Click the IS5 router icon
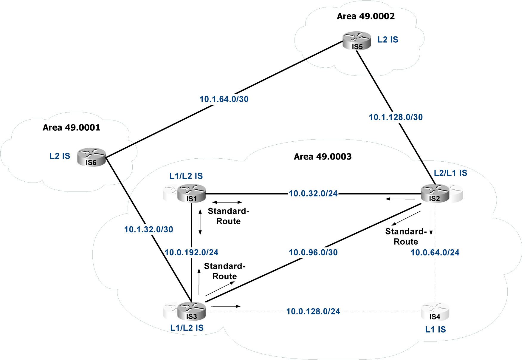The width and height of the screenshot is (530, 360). pos(357,41)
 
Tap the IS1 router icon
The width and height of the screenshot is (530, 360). pos(191,193)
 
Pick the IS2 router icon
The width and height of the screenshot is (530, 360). pos(435,193)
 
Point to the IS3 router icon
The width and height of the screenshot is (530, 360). pos(191,311)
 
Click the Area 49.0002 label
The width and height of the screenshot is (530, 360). pos(365,16)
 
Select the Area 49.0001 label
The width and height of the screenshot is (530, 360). pos(71,128)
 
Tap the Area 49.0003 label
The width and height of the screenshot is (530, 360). pos(323,157)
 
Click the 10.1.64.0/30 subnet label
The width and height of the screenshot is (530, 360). pos(224,99)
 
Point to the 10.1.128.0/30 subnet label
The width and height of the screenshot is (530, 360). pos(396,117)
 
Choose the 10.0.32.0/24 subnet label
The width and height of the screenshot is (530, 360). pos(313,194)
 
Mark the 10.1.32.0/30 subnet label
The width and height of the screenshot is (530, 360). pos(148,229)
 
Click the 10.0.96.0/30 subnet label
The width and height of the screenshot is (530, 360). pos(313,253)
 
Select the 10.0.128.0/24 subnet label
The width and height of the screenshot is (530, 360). pos(313,312)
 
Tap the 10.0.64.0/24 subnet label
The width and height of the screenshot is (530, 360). pos(435,253)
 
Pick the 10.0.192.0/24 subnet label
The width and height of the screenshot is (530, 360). pos(191,253)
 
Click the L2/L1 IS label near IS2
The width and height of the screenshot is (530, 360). pos(450,173)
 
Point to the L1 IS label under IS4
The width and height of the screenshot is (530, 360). pos(435,330)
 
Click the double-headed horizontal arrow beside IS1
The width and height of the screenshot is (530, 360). pos(227,203)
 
